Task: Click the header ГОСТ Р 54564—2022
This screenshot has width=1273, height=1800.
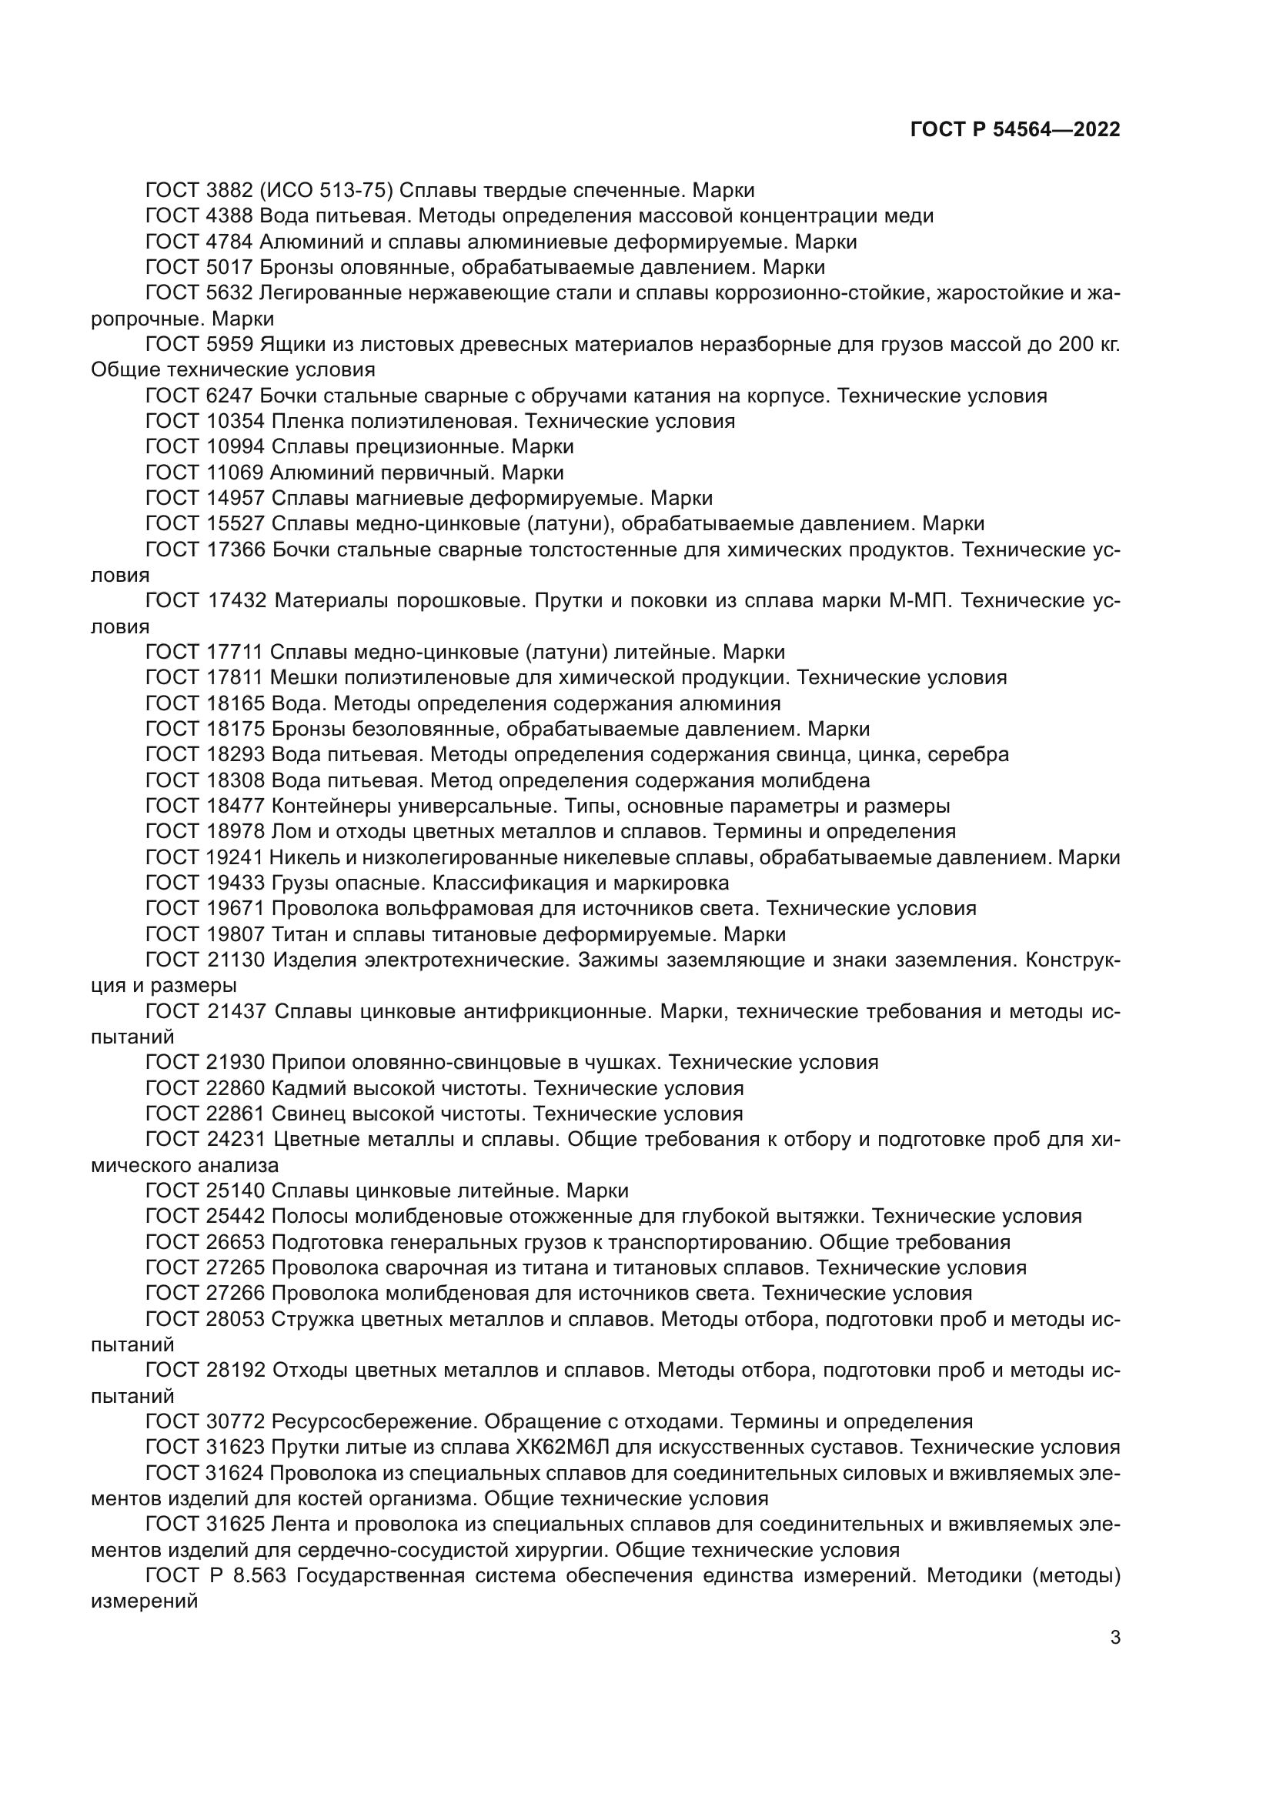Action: pyautogui.click(x=1015, y=130)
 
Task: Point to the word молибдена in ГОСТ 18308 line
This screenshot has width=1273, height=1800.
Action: pyautogui.click(x=822, y=781)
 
